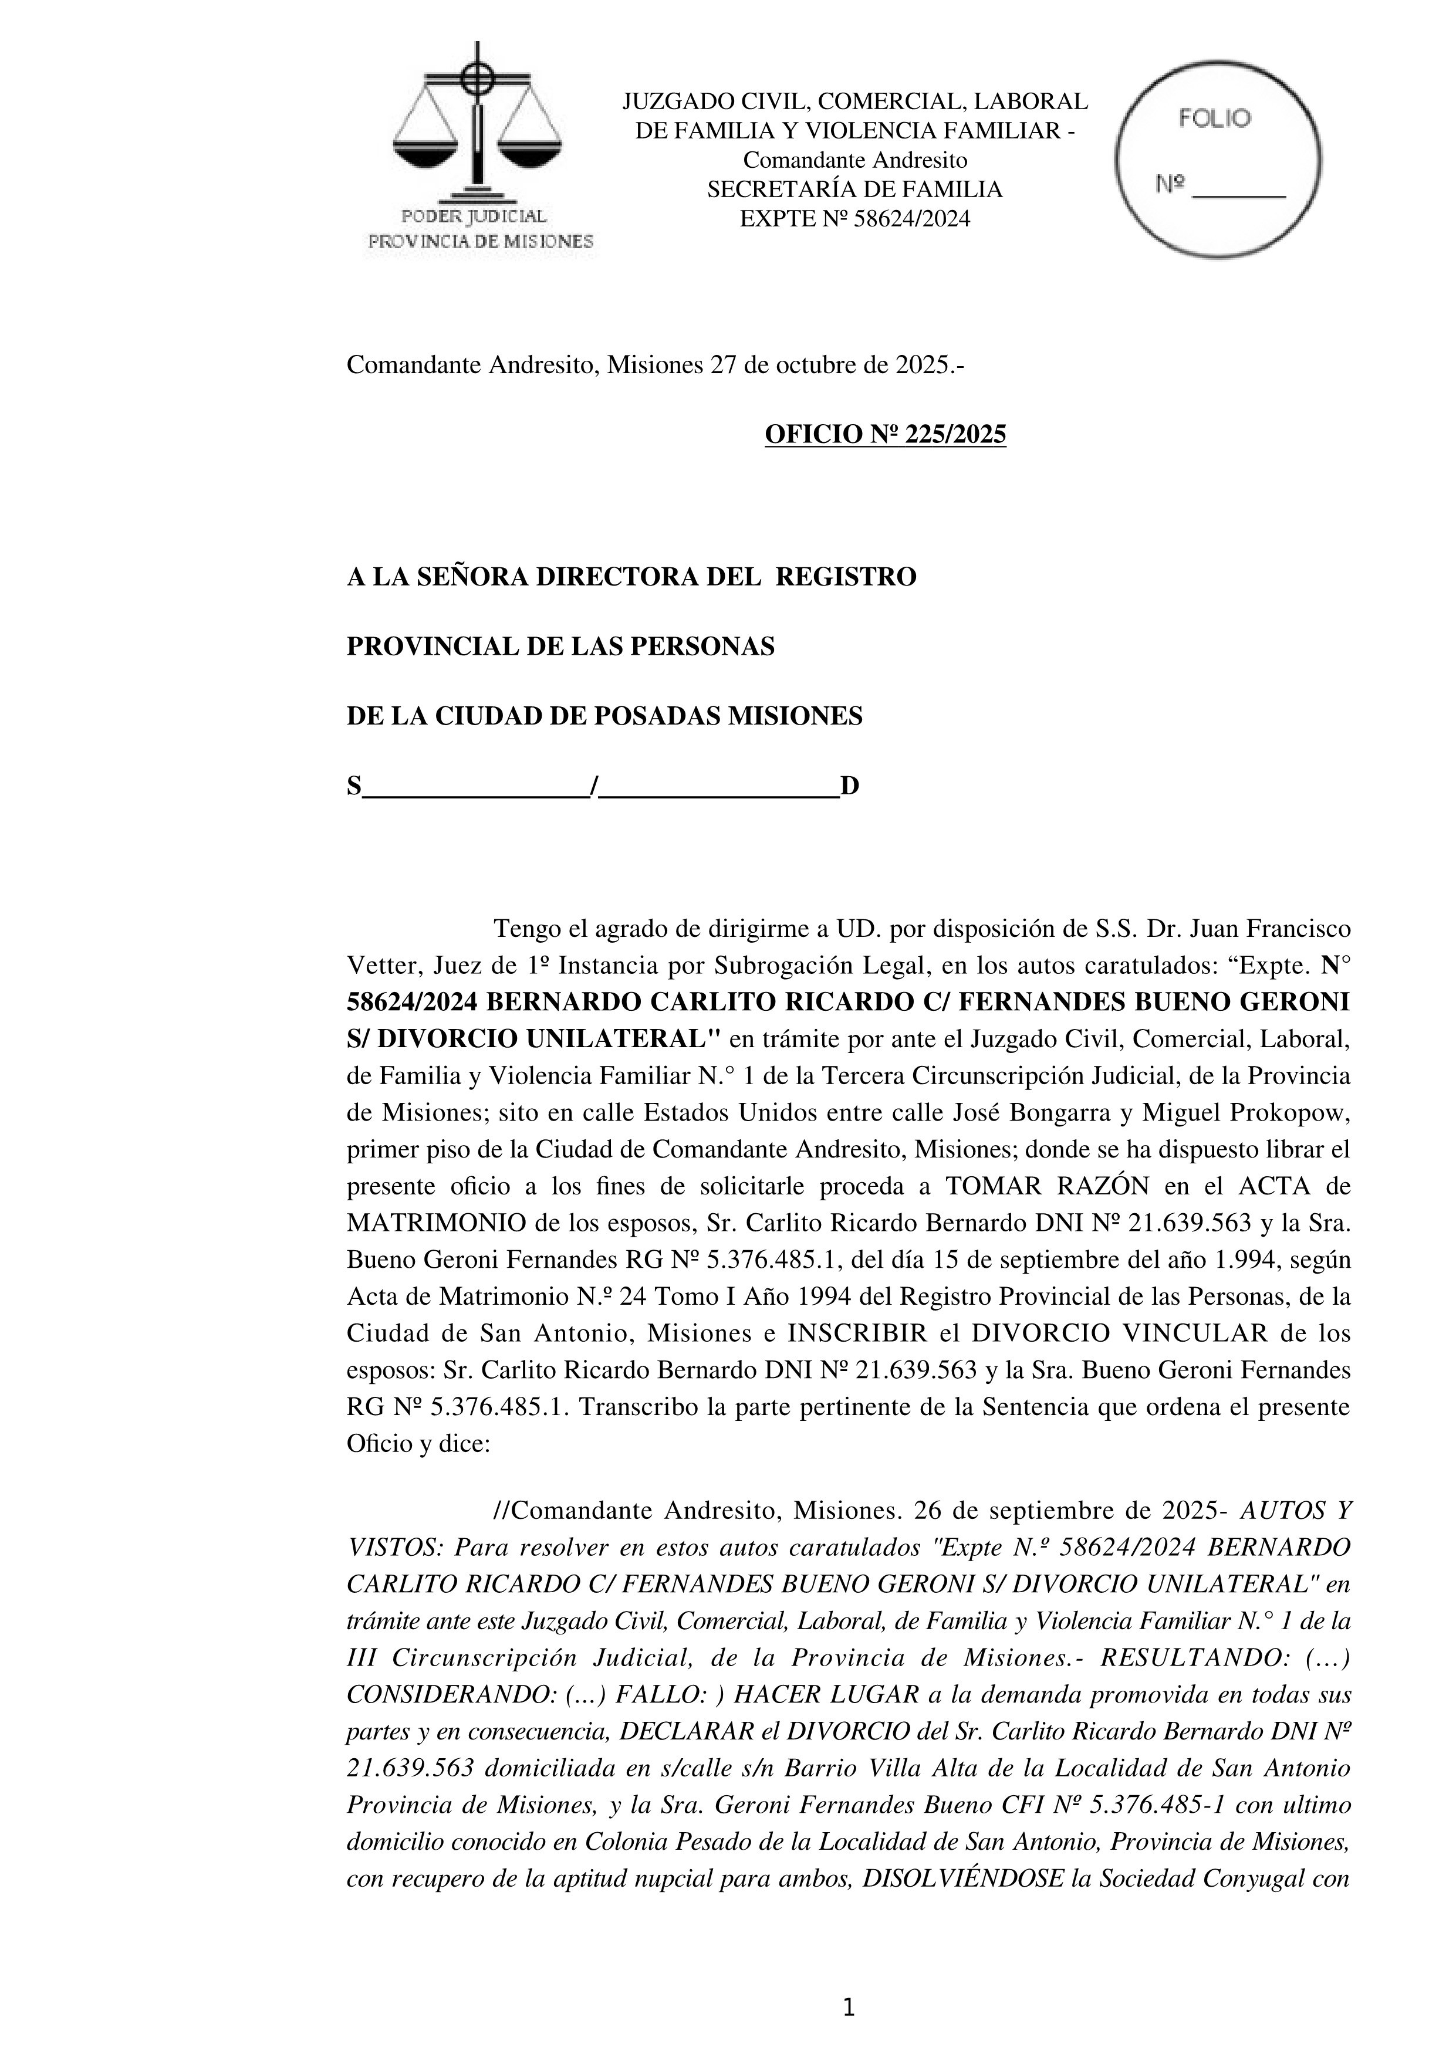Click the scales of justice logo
coord(477,126)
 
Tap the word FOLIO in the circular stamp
coord(1214,119)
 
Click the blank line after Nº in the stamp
coord(1242,189)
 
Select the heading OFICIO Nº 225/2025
coord(885,435)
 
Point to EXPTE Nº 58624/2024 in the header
coord(854,219)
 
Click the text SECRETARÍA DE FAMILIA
coord(854,189)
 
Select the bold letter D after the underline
coord(849,786)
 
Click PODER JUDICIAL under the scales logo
coord(474,216)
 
